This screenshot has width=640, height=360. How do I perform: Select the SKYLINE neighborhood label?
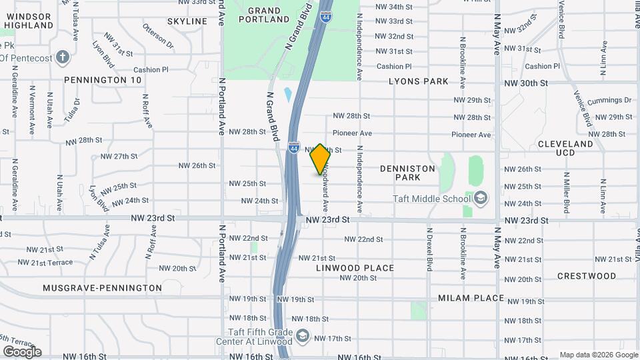[x=187, y=21]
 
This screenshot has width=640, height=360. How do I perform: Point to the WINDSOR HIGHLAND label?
[x=27, y=20]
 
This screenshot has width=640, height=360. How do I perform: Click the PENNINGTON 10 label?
[x=103, y=80]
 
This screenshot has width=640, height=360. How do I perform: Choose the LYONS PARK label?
[x=419, y=81]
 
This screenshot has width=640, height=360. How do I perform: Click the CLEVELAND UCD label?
[x=565, y=148]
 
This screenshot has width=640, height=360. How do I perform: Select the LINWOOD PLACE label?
[x=355, y=268]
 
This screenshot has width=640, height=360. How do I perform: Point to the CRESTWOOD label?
[x=587, y=276]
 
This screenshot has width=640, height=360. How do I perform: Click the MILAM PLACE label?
[x=471, y=298]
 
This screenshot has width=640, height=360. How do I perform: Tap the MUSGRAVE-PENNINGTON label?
[x=102, y=288]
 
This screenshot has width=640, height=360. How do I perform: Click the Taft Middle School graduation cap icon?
[x=480, y=198]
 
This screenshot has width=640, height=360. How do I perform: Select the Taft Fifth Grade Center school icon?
[x=303, y=335]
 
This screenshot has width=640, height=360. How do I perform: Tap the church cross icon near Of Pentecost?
[x=63, y=56]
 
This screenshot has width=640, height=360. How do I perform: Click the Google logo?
[x=21, y=351]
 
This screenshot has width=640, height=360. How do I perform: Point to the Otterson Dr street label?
[x=157, y=35]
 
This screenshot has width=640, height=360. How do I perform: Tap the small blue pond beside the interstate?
[x=287, y=95]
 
